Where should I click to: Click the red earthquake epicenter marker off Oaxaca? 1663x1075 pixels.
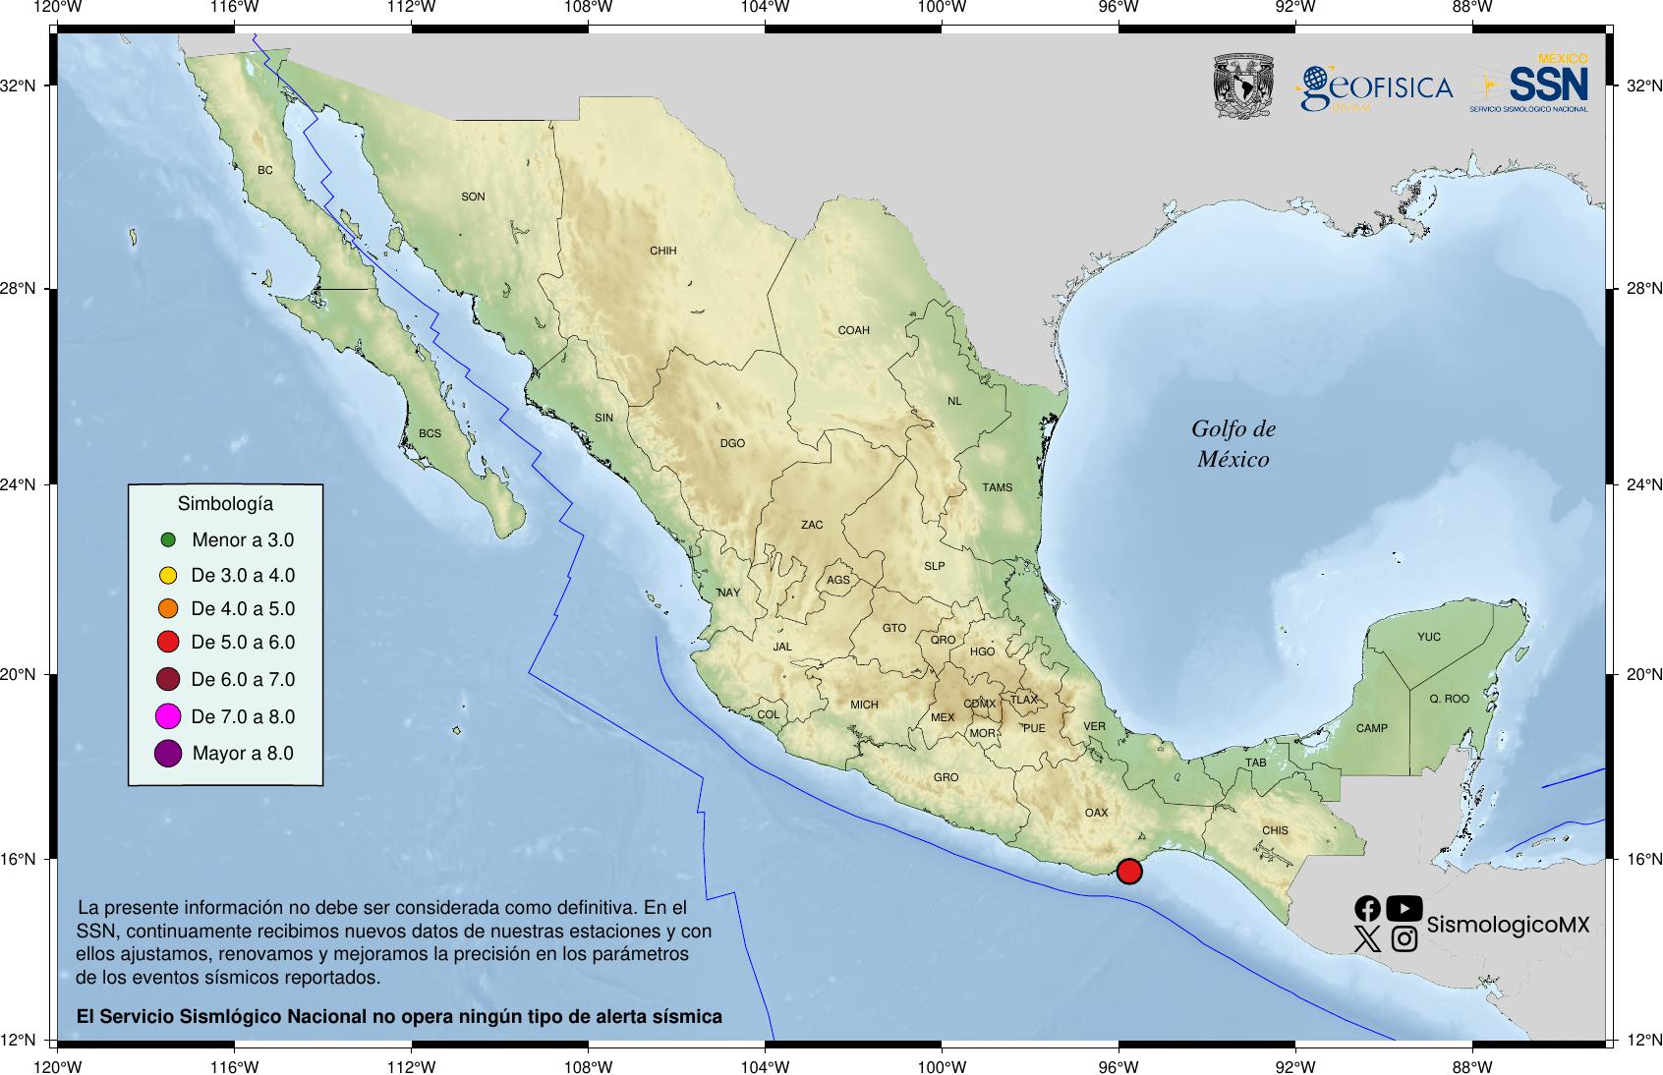tap(1129, 871)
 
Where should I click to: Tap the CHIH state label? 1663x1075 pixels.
tap(663, 251)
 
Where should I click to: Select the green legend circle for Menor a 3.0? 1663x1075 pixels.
tap(168, 539)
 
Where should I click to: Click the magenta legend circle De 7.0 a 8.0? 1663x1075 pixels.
tap(168, 716)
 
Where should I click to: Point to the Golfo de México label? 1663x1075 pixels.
tap(1233, 443)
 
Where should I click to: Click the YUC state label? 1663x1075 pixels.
tap(1428, 637)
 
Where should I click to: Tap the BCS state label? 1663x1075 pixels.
tap(430, 433)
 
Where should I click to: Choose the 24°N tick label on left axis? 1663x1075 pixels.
tap(18, 484)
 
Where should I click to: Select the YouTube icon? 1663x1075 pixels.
tap(1404, 908)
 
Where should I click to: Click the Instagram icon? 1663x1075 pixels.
tap(1405, 939)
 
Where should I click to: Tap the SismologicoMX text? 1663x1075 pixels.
tap(1507, 925)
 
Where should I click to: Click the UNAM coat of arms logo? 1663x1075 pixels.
tap(1243, 86)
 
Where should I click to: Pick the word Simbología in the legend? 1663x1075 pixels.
tap(225, 504)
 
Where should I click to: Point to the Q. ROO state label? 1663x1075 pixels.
tap(1449, 699)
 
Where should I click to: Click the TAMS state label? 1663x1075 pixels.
tap(997, 487)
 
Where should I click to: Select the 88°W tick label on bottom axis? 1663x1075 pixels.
tap(1471, 1067)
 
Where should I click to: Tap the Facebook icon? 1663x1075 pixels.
tap(1367, 908)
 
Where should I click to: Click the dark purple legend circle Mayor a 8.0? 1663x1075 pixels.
tap(168, 754)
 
